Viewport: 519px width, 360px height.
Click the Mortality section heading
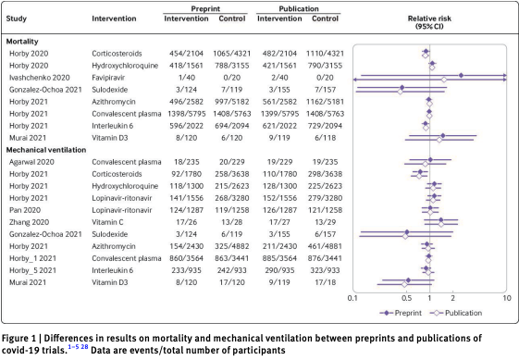[x=25, y=42]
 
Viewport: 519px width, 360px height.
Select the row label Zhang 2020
[x=28, y=220]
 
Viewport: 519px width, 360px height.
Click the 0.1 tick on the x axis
[x=352, y=298]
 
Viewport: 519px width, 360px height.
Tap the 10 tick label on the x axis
[x=505, y=298]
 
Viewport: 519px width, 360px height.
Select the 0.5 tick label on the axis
[x=405, y=298]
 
